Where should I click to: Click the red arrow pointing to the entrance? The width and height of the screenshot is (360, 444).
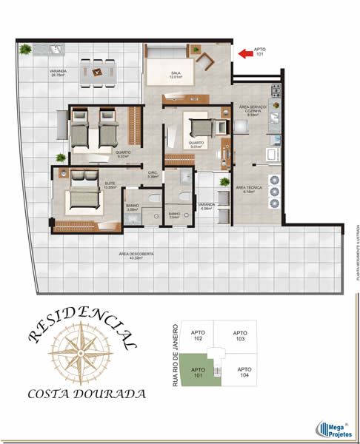[244, 53]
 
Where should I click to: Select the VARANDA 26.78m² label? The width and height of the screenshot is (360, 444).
[59, 73]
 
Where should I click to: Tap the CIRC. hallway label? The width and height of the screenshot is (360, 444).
[153, 175]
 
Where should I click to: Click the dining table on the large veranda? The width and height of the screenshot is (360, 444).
[99, 69]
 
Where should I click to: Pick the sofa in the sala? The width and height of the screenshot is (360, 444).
[169, 50]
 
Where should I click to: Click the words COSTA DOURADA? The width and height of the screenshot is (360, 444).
[86, 394]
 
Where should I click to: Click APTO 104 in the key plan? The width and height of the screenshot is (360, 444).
[244, 372]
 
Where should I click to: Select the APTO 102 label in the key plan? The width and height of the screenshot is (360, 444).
[198, 335]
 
